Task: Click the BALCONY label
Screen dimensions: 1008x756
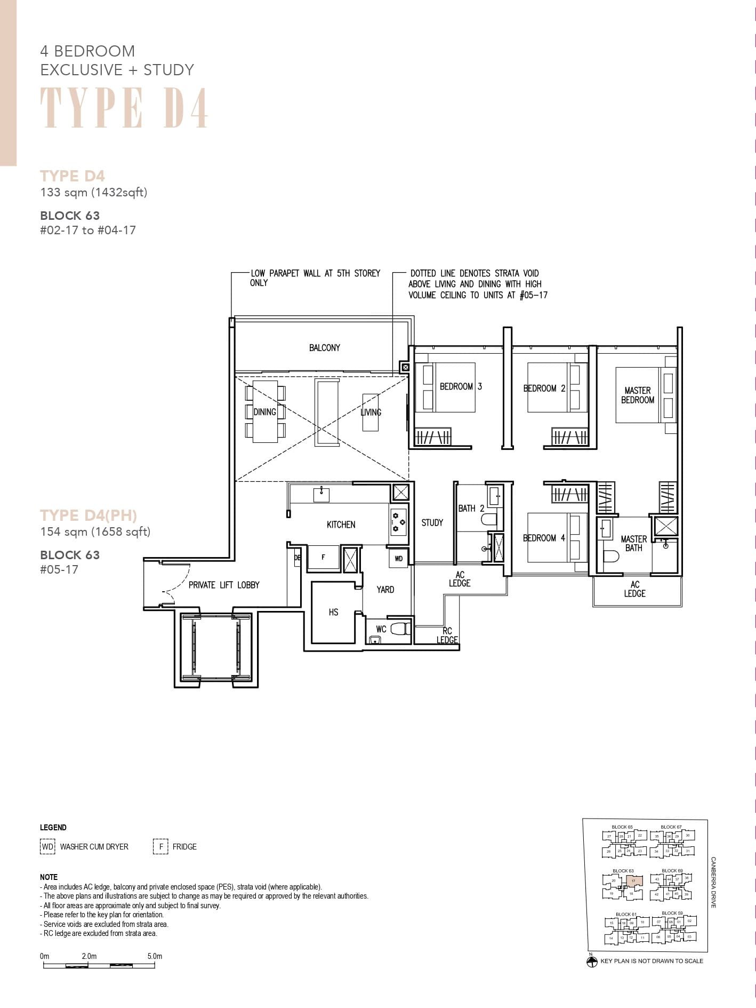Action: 324,348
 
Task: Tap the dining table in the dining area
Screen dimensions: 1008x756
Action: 265,411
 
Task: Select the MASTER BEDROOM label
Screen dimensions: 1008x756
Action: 637,395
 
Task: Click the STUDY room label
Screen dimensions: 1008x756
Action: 432,523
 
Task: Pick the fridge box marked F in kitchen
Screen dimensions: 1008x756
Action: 323,557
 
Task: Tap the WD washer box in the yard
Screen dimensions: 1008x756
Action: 399,559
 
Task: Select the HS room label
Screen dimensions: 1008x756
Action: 333,612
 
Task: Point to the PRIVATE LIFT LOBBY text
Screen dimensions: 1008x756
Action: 224,585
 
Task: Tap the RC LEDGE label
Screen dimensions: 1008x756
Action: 447,636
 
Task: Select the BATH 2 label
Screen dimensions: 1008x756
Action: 471,509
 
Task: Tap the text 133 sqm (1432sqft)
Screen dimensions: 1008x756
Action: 94,193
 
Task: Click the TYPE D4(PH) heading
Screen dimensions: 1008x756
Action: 89,515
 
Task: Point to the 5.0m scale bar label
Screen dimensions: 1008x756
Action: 155,956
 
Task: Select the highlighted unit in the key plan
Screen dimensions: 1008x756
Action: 633,881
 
